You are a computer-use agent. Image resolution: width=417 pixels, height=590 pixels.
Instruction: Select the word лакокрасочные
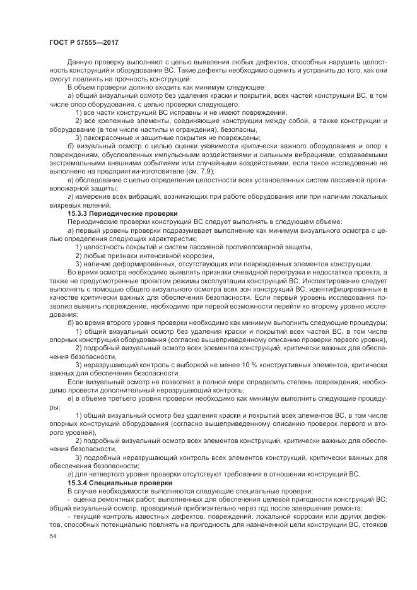tap(108, 137)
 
